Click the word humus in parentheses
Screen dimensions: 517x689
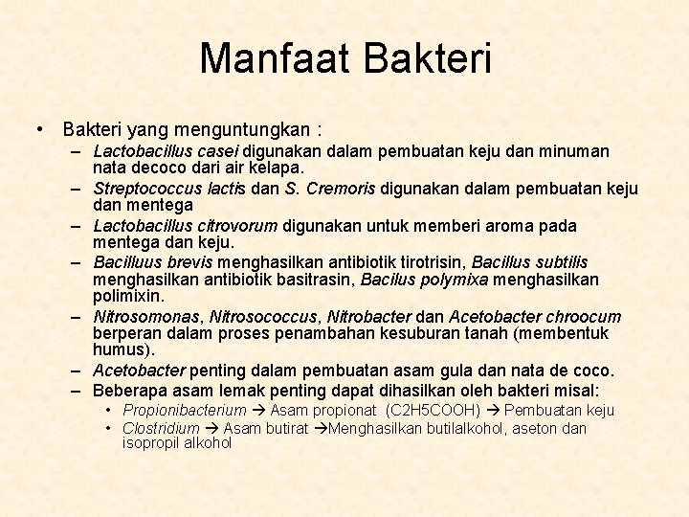click(122, 350)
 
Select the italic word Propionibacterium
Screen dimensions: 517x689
click(185, 410)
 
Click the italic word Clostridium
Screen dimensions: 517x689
click(161, 428)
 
